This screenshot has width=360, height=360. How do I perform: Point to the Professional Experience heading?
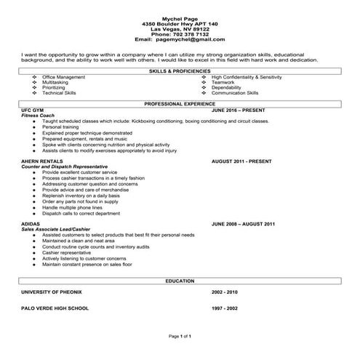point(179,105)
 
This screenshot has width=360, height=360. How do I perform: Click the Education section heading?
point(179,279)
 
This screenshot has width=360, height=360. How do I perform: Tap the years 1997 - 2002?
point(225,308)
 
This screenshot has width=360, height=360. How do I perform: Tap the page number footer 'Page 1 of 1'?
point(179,337)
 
